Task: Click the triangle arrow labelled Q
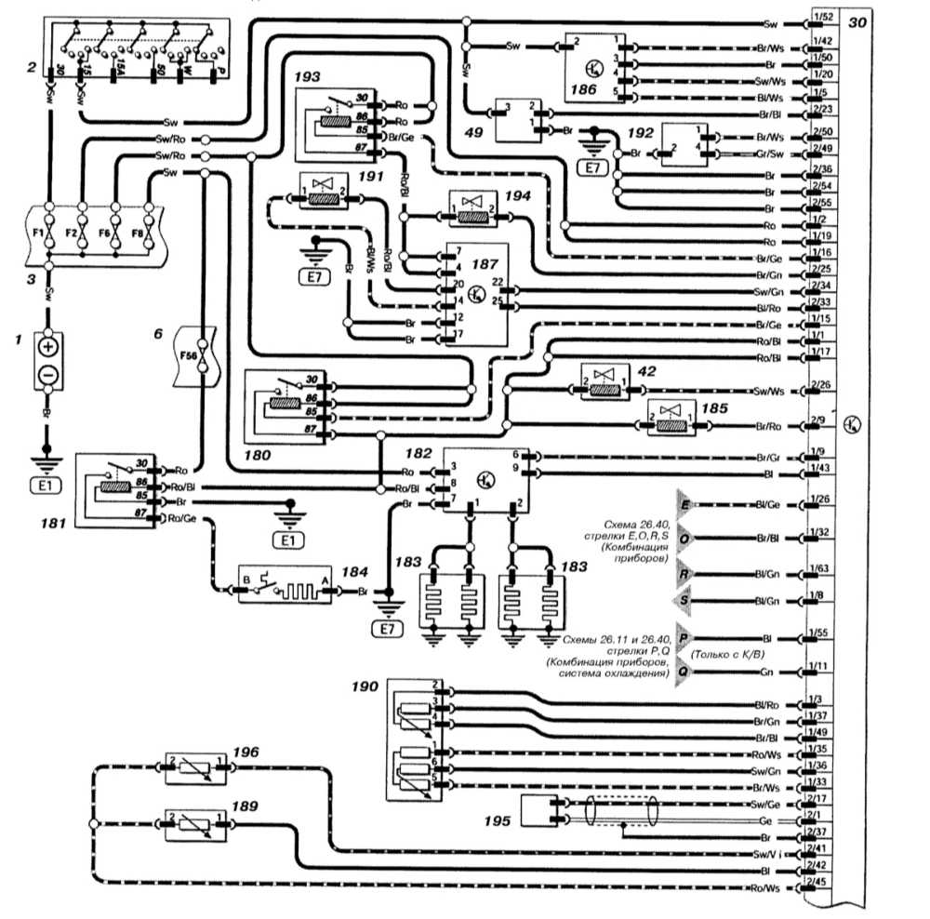coord(684,671)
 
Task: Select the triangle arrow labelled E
coord(685,504)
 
